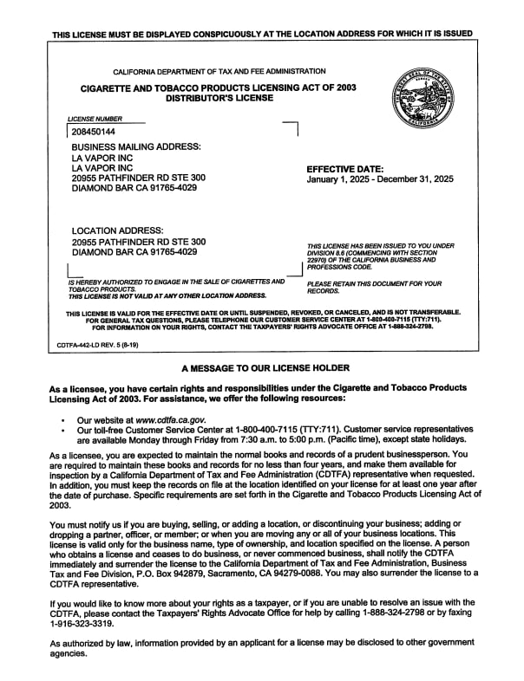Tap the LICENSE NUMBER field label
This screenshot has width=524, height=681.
point(95,119)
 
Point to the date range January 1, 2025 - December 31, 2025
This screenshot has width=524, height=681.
point(380,180)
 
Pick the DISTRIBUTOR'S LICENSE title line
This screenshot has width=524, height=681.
point(219,98)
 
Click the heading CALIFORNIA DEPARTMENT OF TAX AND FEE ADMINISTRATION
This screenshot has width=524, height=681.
point(219,71)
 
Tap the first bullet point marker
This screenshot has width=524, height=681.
point(64,420)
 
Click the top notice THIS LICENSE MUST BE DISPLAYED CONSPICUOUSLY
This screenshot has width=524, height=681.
point(262,34)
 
